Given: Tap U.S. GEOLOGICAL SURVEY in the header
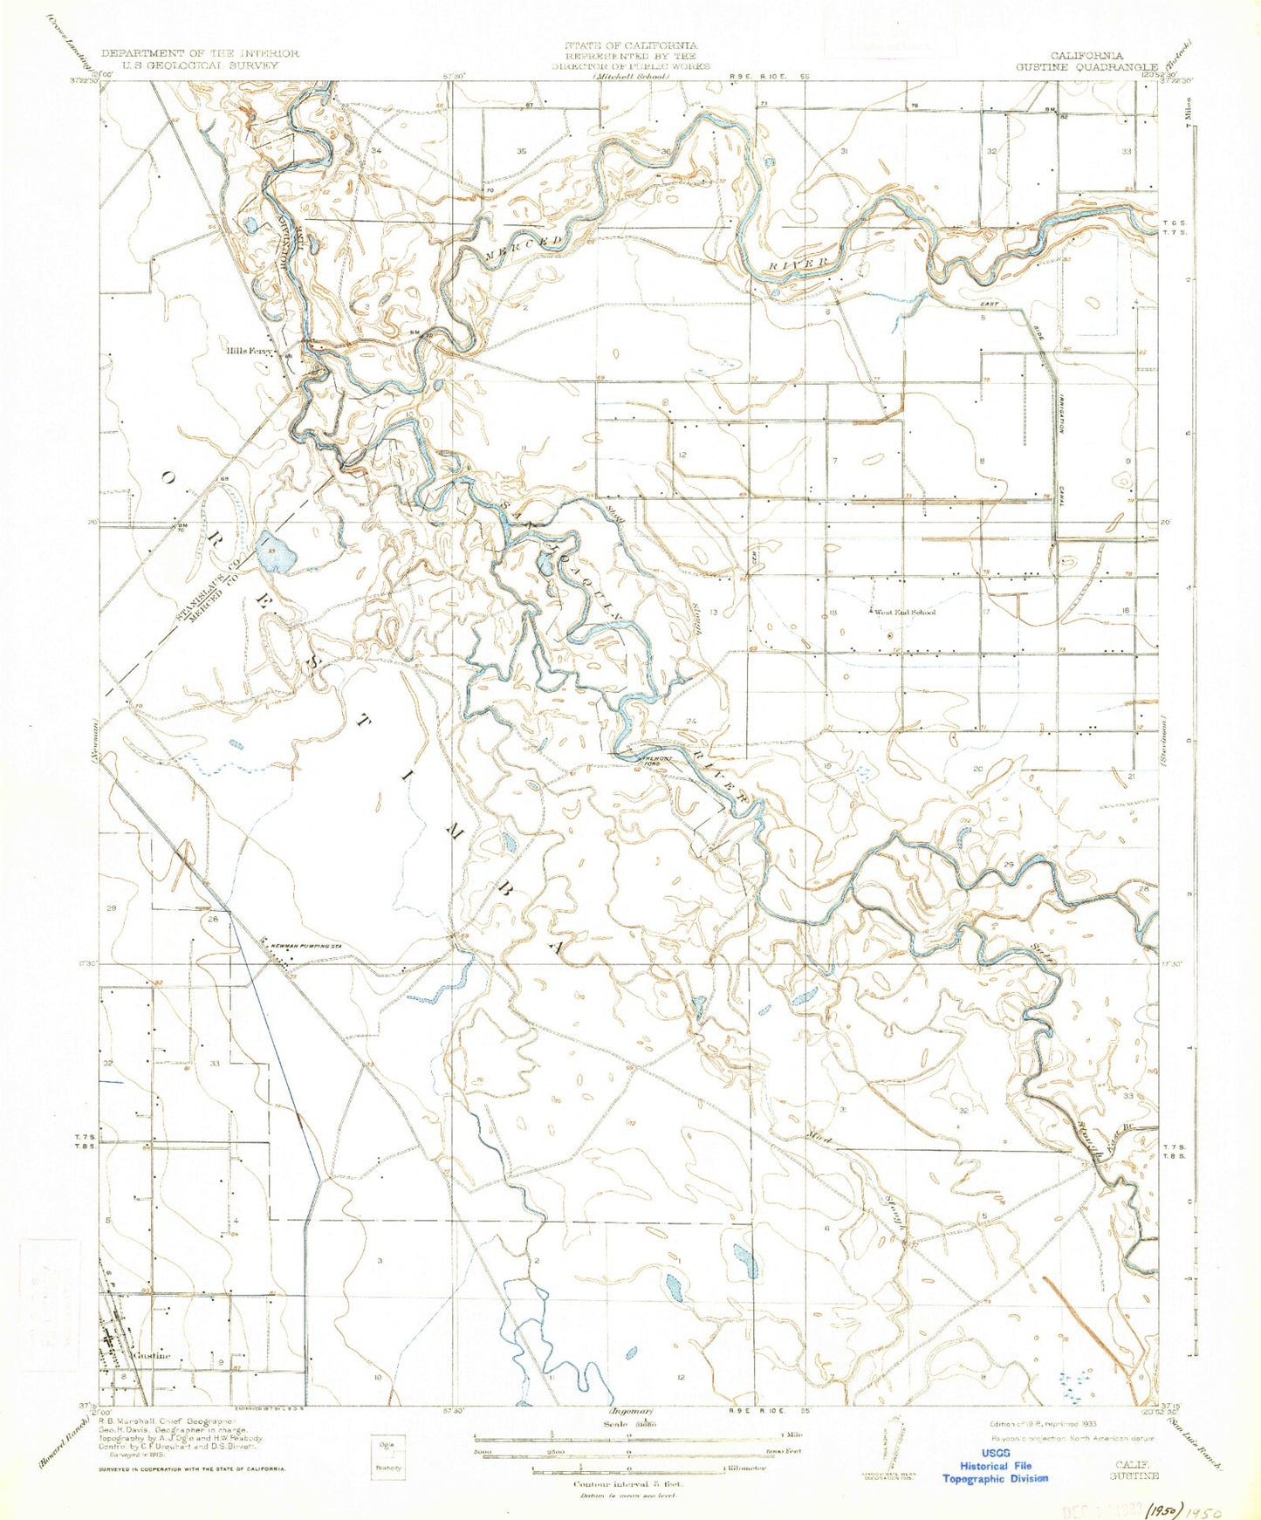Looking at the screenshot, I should [x=200, y=65].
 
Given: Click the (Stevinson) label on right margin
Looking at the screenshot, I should [x=1166, y=741].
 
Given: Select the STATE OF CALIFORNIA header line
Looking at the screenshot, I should [x=630, y=45].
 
